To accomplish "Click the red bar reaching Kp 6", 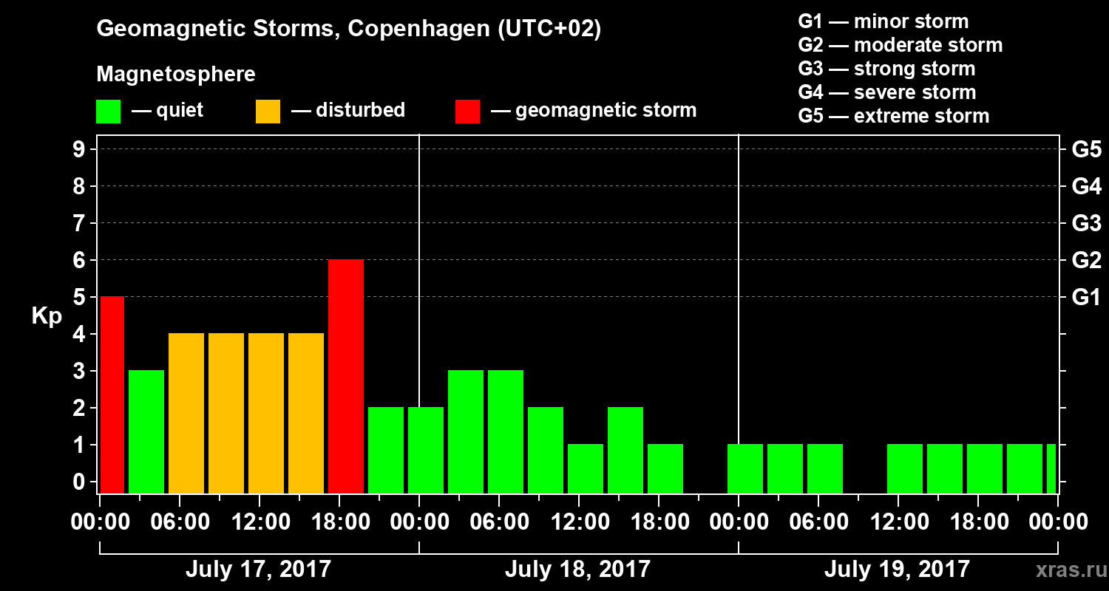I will pos(346,376).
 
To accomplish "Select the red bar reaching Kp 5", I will pos(112,394).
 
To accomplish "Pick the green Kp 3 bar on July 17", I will pos(146,431).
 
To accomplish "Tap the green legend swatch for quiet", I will pos(108,112).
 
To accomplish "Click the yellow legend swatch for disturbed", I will pos(268,112).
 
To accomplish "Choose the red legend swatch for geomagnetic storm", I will pos(467,112).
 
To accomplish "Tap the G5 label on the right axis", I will pos(1086,150).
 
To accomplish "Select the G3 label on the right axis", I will pos(1086,224).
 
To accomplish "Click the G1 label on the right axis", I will pos(1086,298).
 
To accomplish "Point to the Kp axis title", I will pos(47,316).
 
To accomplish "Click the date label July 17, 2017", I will pos(258,569).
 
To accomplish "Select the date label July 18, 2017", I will pos(577,569).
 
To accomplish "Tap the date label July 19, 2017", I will pos(896,569).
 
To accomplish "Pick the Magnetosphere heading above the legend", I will pos(176,75).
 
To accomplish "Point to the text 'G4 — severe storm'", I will pos(886,92).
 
